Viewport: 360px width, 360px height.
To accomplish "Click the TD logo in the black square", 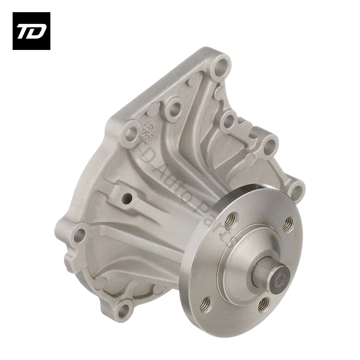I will (x=31, y=31).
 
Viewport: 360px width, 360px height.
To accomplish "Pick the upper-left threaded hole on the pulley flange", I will (x=231, y=220).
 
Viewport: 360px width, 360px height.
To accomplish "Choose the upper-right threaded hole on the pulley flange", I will (x=288, y=224).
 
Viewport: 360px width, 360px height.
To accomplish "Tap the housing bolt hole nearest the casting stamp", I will (x=131, y=133).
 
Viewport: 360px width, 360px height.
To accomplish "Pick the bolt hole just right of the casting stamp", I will (x=173, y=108).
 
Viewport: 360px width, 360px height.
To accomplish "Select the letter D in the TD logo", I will (x=37, y=31).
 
